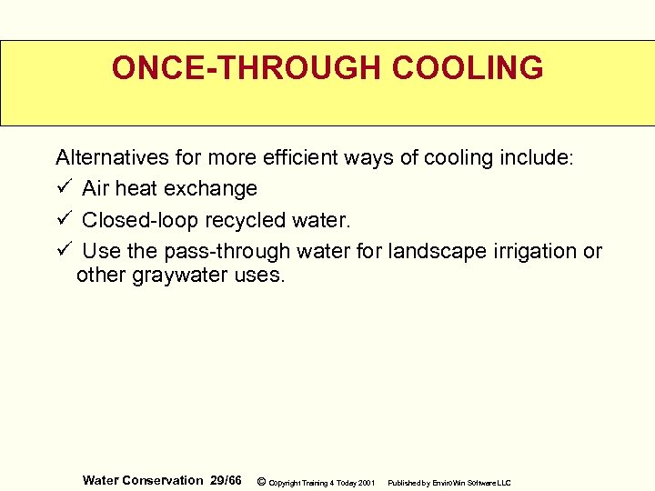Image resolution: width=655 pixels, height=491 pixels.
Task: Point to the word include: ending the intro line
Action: click(x=538, y=157)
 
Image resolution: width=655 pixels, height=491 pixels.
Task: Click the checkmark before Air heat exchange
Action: click(x=63, y=188)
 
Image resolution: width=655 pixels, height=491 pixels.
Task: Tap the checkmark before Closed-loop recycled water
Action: click(x=63, y=219)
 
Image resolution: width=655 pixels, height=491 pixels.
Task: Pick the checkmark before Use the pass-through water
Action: click(x=63, y=250)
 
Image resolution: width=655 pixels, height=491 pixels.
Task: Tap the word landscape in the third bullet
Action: click(x=430, y=250)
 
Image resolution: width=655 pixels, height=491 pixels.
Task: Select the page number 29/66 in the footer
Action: click(x=224, y=480)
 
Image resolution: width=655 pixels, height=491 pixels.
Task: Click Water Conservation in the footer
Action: click(x=143, y=480)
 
